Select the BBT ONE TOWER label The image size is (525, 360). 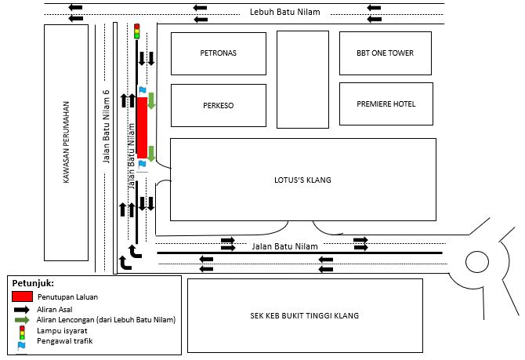click(x=385, y=53)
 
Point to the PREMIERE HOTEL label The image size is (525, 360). click(x=386, y=104)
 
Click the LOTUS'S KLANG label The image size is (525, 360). click(x=302, y=180)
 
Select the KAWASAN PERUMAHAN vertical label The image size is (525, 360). click(x=67, y=143)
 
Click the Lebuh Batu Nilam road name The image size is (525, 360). click(x=284, y=12)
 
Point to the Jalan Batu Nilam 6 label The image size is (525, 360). click(x=106, y=125)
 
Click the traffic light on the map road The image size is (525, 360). click(x=136, y=31)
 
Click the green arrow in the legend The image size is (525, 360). click(x=23, y=320)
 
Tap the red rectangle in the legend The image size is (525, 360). click(x=23, y=297)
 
